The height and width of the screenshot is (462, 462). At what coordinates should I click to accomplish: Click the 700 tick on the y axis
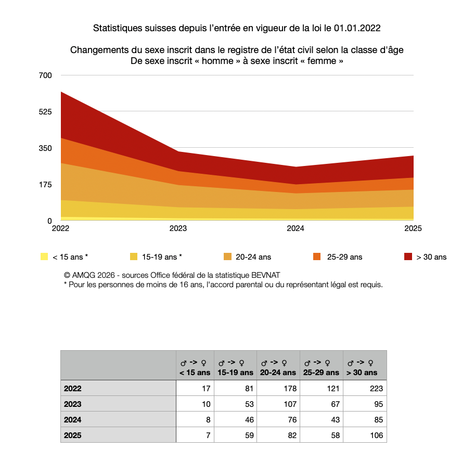[45, 75]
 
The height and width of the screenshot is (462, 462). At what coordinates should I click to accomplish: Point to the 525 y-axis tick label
[45, 112]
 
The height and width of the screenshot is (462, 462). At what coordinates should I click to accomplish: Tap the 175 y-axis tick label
[45, 185]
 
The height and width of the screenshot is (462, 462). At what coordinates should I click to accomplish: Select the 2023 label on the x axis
[178, 228]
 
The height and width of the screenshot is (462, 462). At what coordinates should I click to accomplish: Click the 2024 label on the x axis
[296, 228]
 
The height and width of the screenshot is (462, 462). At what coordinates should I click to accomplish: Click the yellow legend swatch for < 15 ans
[44, 256]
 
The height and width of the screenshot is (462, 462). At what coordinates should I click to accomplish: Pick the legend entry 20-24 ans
[253, 257]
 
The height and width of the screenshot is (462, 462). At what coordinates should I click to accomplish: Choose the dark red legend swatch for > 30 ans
[408, 256]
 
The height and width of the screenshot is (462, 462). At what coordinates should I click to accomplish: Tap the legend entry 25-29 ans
[345, 257]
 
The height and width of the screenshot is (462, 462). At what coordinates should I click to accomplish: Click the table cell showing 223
[376, 388]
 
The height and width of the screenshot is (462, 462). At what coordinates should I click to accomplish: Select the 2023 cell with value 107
[290, 404]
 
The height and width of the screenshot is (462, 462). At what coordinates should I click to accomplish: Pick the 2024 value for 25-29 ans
[335, 419]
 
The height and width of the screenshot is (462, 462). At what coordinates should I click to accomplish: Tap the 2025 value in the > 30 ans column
[377, 435]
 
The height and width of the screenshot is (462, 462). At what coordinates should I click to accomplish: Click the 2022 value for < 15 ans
[206, 388]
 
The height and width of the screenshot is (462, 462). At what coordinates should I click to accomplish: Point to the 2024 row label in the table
[72, 419]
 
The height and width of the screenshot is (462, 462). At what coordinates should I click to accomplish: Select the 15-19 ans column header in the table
[235, 368]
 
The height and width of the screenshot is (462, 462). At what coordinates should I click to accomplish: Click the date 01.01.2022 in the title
[357, 28]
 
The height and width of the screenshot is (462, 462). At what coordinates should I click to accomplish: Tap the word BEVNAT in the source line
[265, 275]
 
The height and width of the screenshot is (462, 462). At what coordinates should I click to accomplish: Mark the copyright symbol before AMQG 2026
[67, 275]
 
